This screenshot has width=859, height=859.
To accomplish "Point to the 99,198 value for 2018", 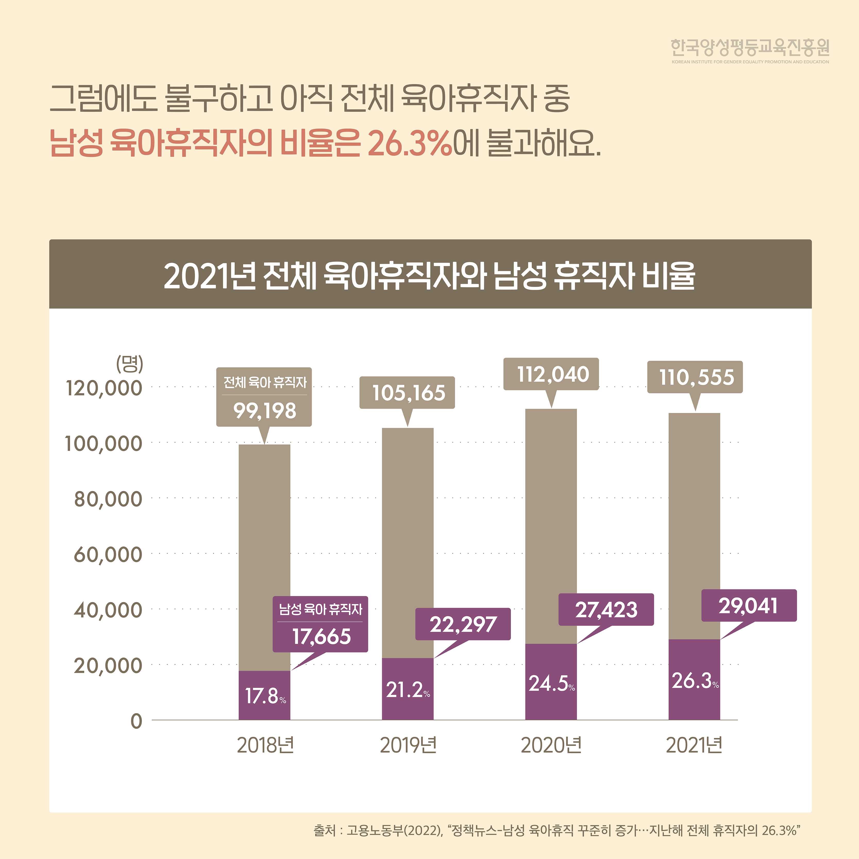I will [x=265, y=411].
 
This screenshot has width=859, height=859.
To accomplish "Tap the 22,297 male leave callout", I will [x=463, y=624].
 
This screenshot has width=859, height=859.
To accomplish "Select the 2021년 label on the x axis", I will [x=694, y=745].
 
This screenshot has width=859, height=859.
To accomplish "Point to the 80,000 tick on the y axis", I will [x=108, y=499].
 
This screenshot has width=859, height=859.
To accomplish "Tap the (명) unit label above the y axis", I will [x=129, y=364].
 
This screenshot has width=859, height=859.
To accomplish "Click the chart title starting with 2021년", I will [x=429, y=276].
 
